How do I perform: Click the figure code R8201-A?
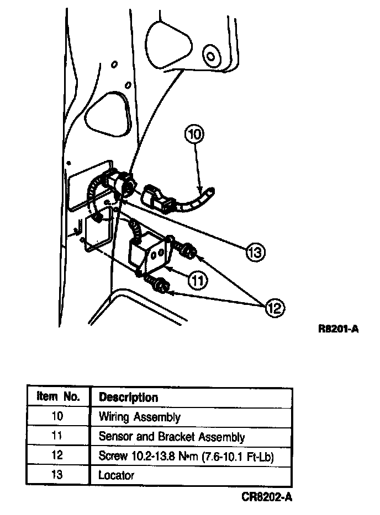[339, 330]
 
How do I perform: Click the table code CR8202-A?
[267, 497]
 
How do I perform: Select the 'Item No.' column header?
[59, 396]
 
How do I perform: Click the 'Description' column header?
[128, 397]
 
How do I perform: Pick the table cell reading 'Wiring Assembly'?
[139, 417]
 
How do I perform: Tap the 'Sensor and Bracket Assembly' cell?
[171, 437]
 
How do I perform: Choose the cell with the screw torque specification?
[187, 456]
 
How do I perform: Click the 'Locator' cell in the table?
[116, 475]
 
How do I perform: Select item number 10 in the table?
[57, 416]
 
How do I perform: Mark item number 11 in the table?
[57, 436]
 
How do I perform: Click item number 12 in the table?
[57, 455]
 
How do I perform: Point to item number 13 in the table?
[57, 474]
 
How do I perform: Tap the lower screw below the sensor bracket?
[161, 285]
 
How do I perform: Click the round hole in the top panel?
[209, 55]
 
